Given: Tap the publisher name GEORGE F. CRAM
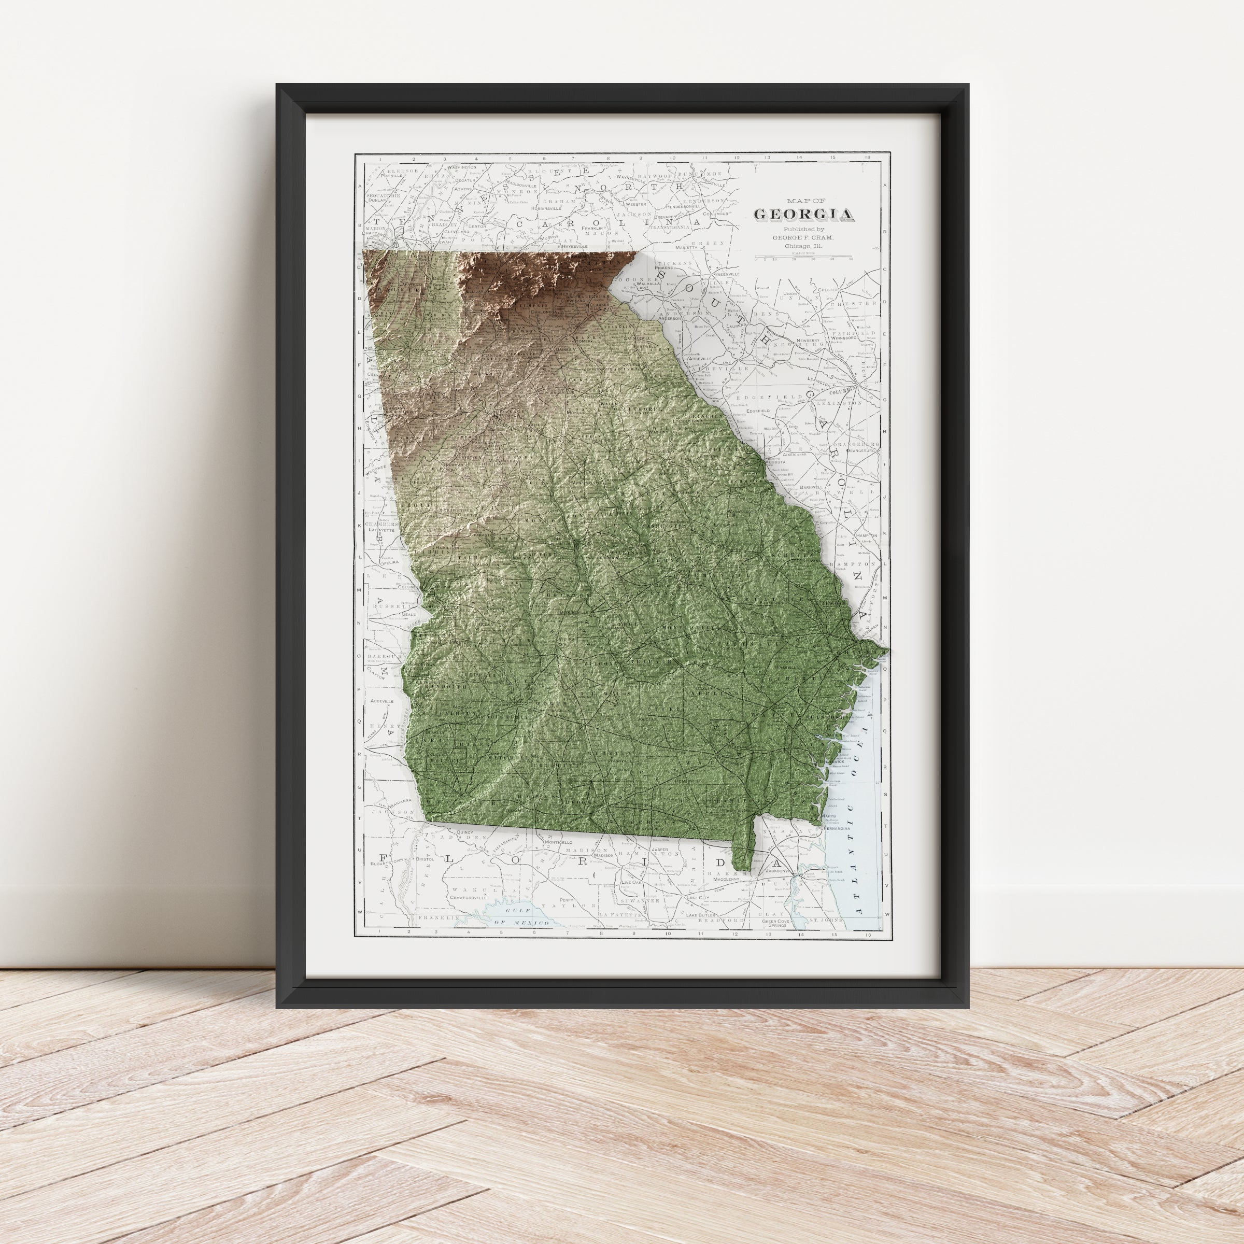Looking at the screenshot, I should pyautogui.click(x=803, y=237).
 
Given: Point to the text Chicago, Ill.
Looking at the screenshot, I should pyautogui.click(x=803, y=246).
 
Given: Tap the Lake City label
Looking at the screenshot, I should pyautogui.click(x=697, y=897).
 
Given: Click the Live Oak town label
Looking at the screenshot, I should pyautogui.click(x=632, y=883).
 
